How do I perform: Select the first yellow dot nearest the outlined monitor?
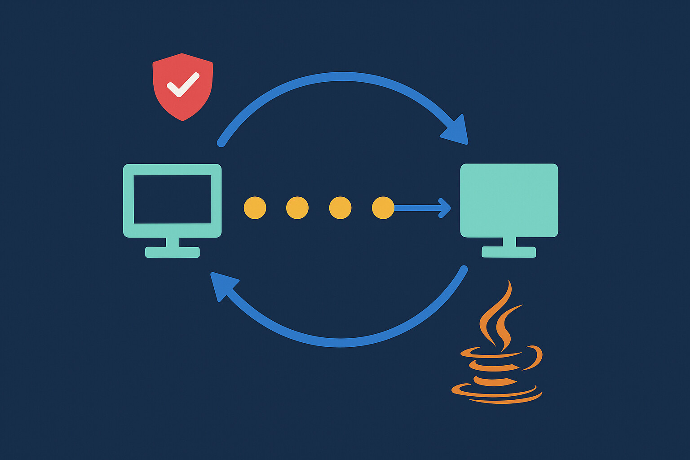[255, 208]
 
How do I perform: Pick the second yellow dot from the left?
[297, 208]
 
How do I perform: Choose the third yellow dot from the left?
[340, 208]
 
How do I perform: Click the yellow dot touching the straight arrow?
[383, 208]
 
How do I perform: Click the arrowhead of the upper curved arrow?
[457, 131]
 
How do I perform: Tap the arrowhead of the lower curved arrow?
[221, 285]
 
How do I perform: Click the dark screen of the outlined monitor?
[172, 199]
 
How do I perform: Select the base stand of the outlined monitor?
[172, 252]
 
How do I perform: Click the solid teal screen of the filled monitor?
[509, 200]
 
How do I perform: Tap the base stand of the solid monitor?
[509, 252]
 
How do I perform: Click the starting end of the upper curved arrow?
[221, 143]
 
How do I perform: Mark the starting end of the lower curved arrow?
[464, 270]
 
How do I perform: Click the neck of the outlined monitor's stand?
[172, 242]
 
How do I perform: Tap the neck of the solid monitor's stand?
[509, 242]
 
